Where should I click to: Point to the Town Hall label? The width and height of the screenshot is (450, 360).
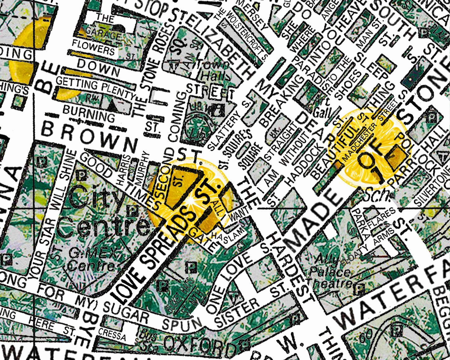(215, 70)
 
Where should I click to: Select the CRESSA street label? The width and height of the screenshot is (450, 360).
(112, 334)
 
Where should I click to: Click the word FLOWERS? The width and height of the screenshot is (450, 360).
(93, 48)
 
